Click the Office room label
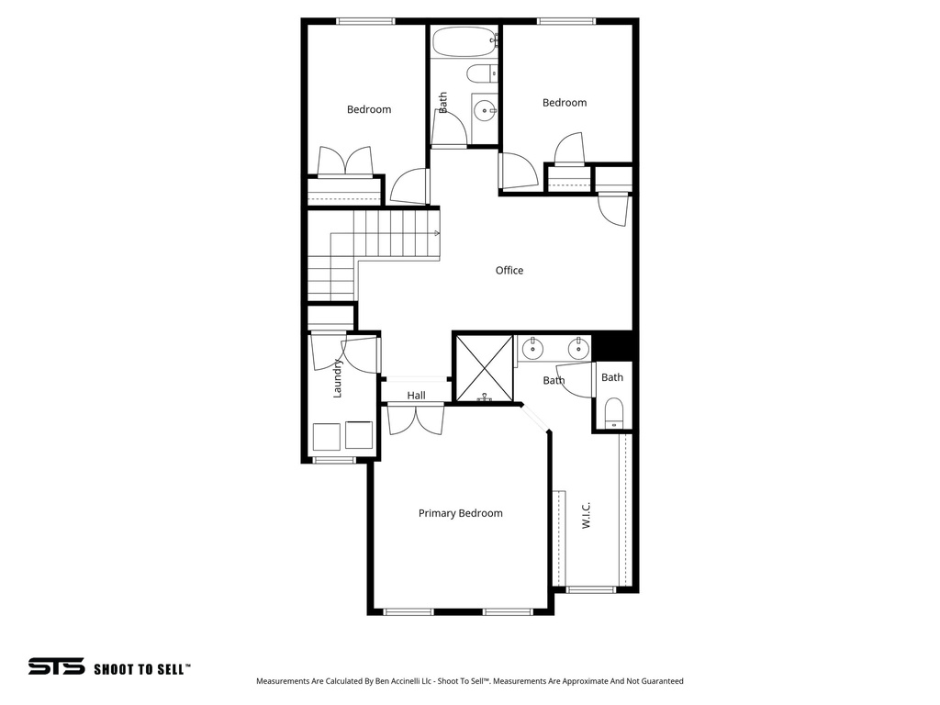pos(509,270)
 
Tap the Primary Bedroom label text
pos(460,513)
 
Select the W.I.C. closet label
pos(586,515)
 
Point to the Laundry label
pos(338,377)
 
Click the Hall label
pos(417,396)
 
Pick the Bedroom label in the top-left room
pos(368,109)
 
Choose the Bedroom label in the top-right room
pos(564,103)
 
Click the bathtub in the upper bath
pos(464,41)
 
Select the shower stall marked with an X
pos(484,368)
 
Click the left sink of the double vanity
pos(532,348)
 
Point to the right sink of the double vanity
pos(576,348)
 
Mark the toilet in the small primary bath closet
pos(613,412)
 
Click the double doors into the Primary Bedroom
pos(416,420)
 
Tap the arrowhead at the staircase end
pos(436,233)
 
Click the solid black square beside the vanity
pos(614,346)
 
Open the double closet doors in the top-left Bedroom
pos(345,162)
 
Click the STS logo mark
pos(56,666)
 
